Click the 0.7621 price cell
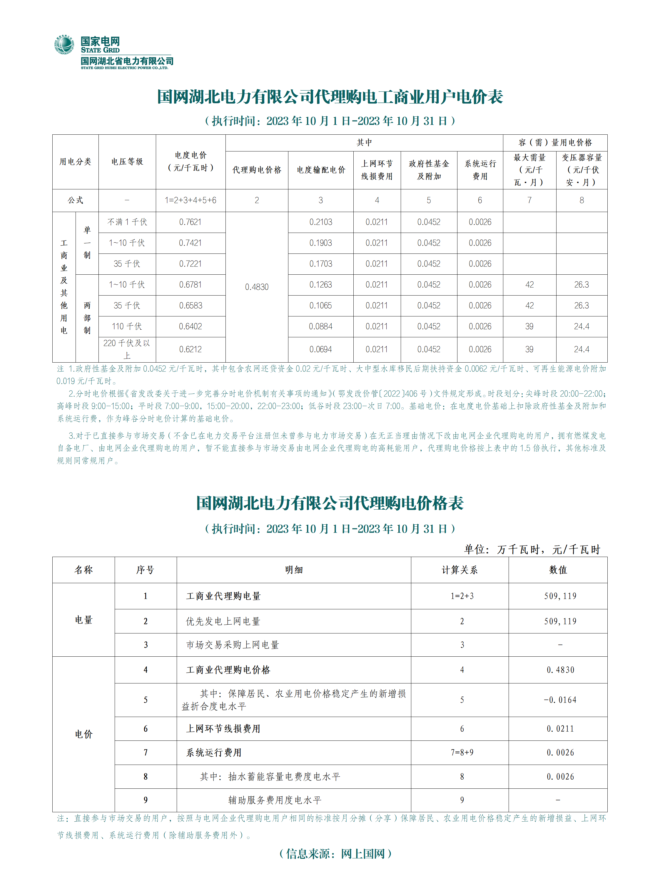[190, 222]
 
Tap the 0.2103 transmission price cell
[320, 222]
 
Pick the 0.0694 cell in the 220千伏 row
[320, 349]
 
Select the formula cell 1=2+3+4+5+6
[190, 200]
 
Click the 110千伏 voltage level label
[127, 326]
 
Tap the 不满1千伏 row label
[127, 222]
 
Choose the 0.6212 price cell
[190, 349]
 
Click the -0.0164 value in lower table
[560, 700]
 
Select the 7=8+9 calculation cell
[462, 753]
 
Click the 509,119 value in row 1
[560, 596]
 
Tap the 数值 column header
[558, 570]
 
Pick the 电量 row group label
[83, 620]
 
